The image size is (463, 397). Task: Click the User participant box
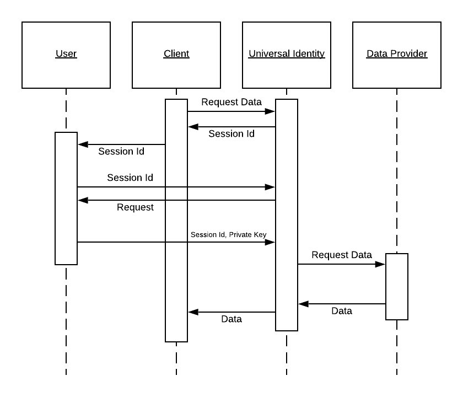click(x=66, y=55)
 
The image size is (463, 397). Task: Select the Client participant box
click(x=176, y=55)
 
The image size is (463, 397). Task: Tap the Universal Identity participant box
click(x=287, y=55)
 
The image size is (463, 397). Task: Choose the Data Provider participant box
click(x=397, y=55)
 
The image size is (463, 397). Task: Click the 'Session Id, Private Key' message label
click(x=228, y=235)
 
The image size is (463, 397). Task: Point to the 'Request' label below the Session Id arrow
click(x=135, y=208)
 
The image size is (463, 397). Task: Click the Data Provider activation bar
click(x=397, y=287)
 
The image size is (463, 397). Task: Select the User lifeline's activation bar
click(x=66, y=198)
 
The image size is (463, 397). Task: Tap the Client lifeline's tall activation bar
click(x=176, y=221)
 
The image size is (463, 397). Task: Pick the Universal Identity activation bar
click(x=287, y=215)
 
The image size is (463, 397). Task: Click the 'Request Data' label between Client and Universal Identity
click(x=232, y=102)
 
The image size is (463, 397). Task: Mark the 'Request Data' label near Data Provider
click(x=342, y=255)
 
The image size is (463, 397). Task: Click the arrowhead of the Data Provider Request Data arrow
click(x=381, y=264)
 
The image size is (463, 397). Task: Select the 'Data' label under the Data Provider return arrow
click(x=342, y=312)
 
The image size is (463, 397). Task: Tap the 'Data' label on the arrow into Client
click(x=232, y=319)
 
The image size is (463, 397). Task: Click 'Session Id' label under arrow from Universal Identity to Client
click(x=232, y=134)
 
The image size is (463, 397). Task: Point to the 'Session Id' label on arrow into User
click(x=121, y=152)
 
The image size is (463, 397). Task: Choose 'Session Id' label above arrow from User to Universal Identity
click(x=130, y=178)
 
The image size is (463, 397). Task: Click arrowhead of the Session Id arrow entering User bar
click(x=82, y=144)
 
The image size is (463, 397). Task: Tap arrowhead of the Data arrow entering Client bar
click(x=192, y=312)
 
